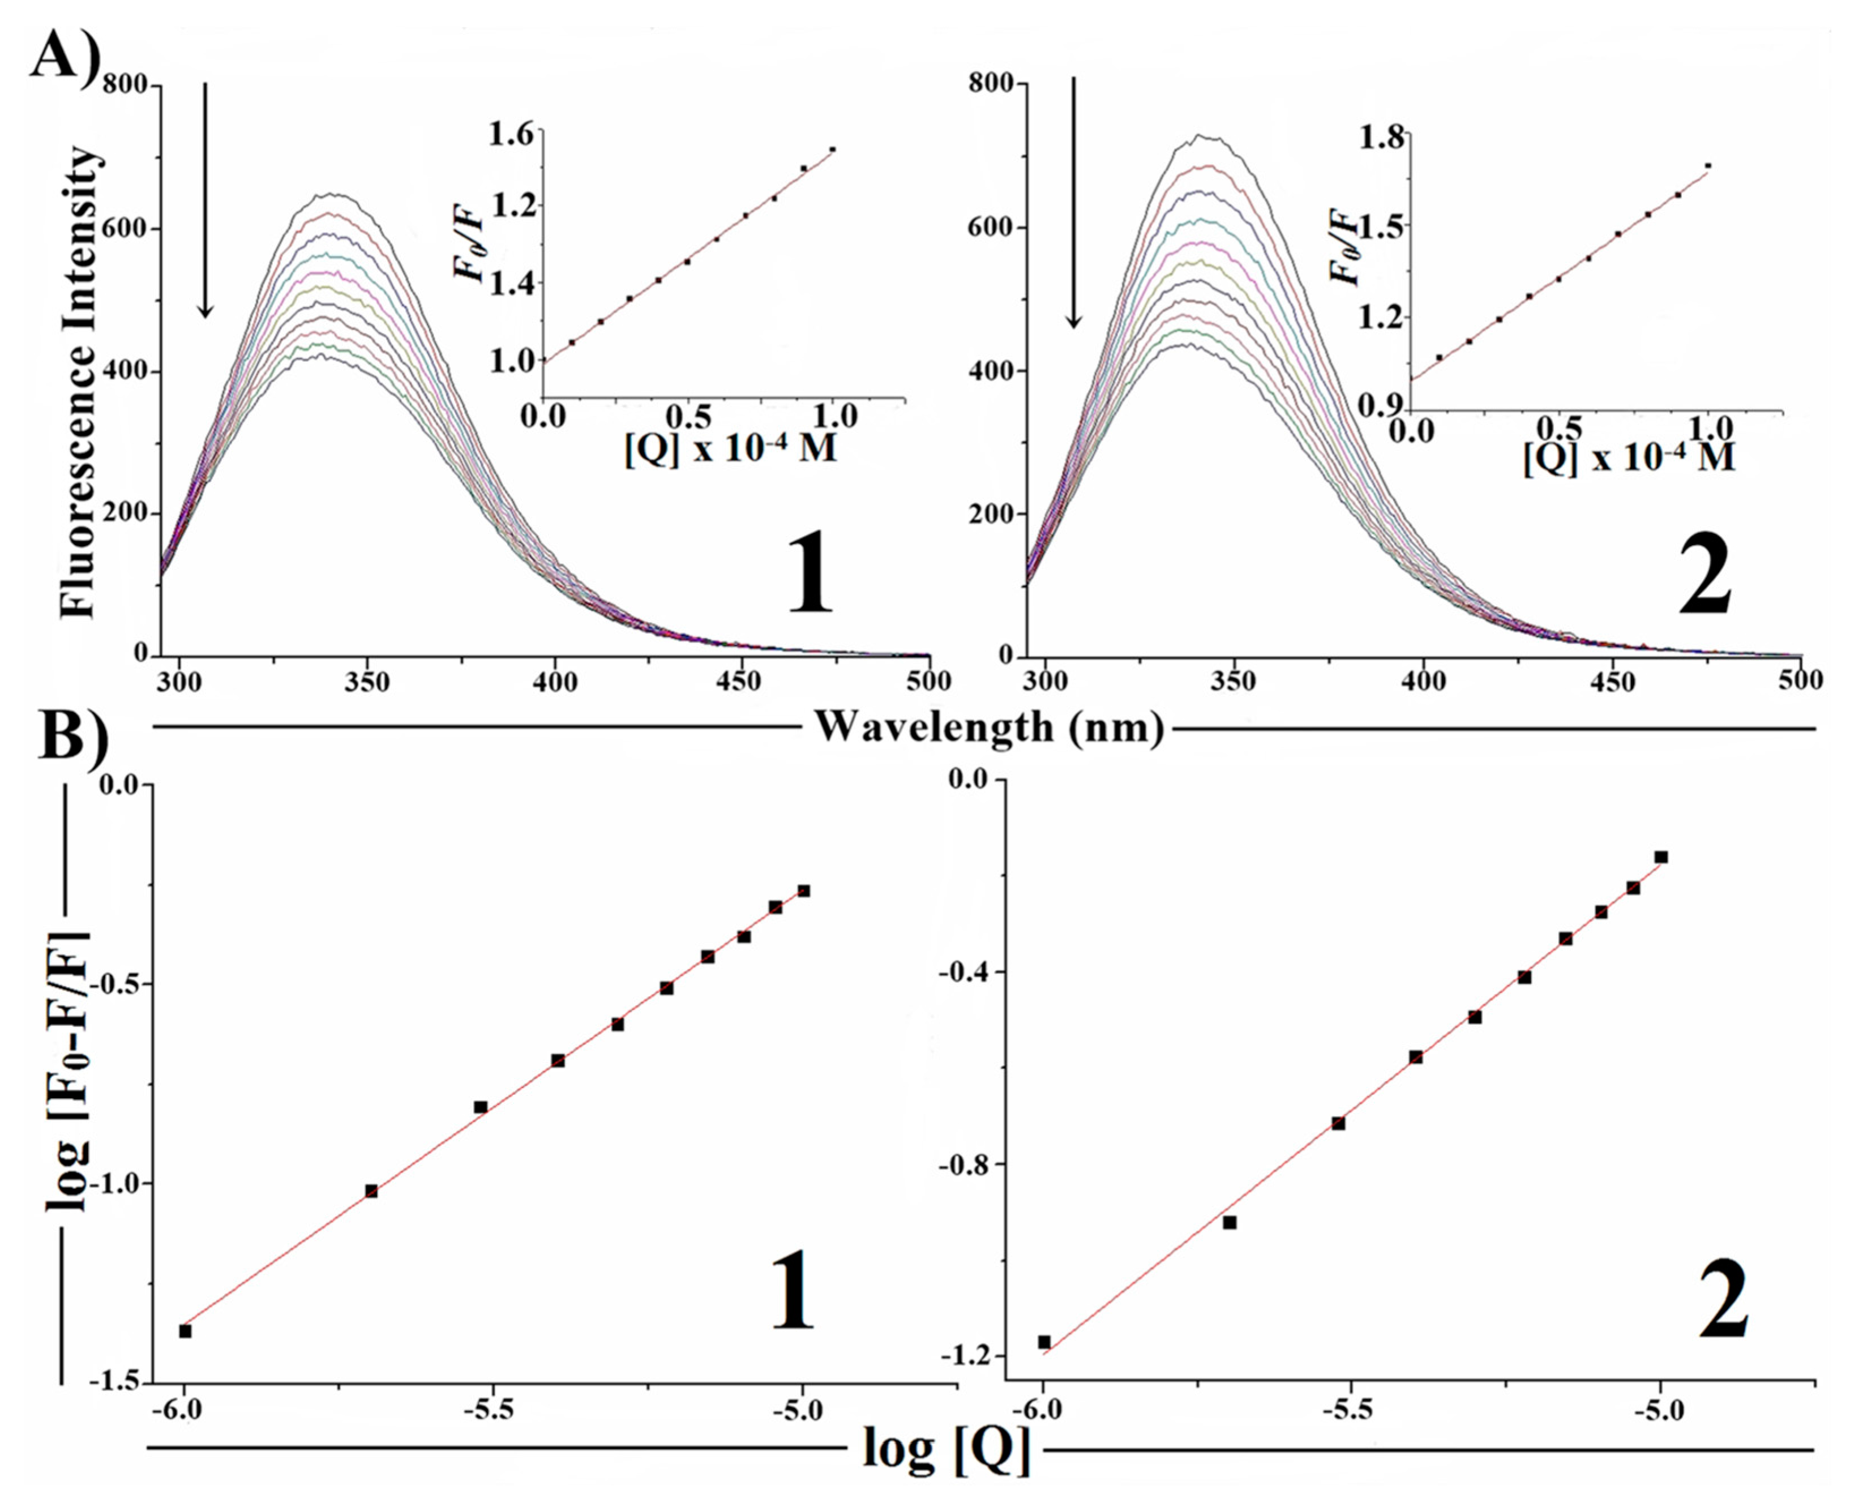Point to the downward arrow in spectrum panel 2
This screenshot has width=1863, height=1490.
[x=1073, y=203]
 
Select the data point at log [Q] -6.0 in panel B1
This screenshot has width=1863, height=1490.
[x=185, y=1331]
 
